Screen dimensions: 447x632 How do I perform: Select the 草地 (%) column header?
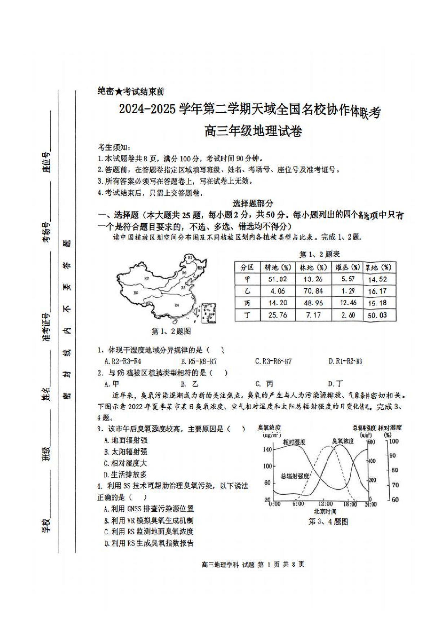coord(378,267)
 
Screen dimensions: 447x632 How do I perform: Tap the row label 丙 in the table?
coord(247,303)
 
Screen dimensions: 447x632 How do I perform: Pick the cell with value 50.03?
coord(377,315)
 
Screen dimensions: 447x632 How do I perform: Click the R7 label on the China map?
coord(147,279)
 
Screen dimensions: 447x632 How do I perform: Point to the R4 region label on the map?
coord(177,305)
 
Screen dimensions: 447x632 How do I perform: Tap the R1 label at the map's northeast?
coord(190,257)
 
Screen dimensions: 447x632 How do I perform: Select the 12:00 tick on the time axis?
coord(325,504)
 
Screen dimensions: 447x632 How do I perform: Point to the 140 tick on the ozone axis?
coord(267,449)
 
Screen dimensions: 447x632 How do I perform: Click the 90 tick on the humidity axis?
coord(392,455)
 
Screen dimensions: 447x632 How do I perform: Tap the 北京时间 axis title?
coord(325,512)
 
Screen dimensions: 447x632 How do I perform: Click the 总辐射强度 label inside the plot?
coord(295,476)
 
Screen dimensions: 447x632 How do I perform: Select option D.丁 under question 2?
coord(335,384)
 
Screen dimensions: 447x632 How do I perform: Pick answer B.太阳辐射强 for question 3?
coord(125,452)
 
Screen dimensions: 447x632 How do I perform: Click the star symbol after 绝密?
coord(119,92)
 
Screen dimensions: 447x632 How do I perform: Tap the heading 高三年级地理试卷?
coord(253,131)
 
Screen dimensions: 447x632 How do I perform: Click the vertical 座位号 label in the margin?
coord(47,162)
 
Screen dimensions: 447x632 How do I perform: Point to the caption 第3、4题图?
coord(328,521)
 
